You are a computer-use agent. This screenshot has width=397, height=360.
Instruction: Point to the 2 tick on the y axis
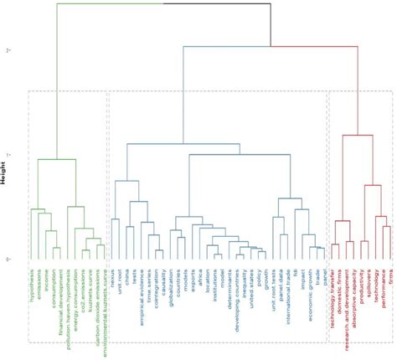point(8,51)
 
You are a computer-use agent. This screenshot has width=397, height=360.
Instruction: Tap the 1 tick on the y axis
point(8,156)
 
